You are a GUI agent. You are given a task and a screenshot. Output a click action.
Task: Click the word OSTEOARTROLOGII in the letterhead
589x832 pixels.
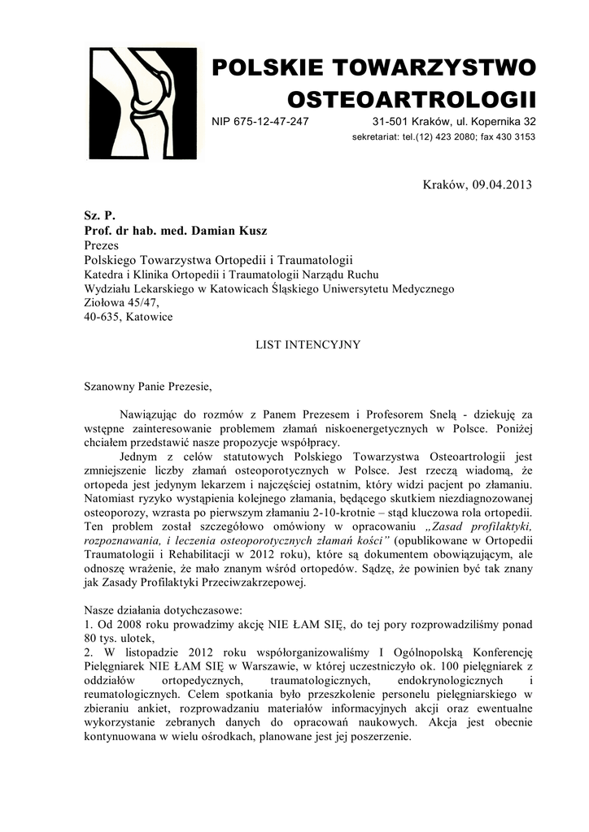pyautogui.click(x=412, y=100)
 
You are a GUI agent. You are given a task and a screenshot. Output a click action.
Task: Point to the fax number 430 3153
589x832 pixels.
pyautogui.click(x=515, y=136)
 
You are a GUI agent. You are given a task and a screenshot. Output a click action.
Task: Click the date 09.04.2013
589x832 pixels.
pyautogui.click(x=501, y=184)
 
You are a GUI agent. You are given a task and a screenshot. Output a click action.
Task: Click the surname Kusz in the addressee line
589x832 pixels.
pyautogui.click(x=251, y=231)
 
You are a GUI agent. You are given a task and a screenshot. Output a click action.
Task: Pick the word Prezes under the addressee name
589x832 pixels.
pyautogui.click(x=102, y=245)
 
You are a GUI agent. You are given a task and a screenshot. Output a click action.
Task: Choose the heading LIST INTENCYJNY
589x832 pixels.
pyautogui.click(x=308, y=344)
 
